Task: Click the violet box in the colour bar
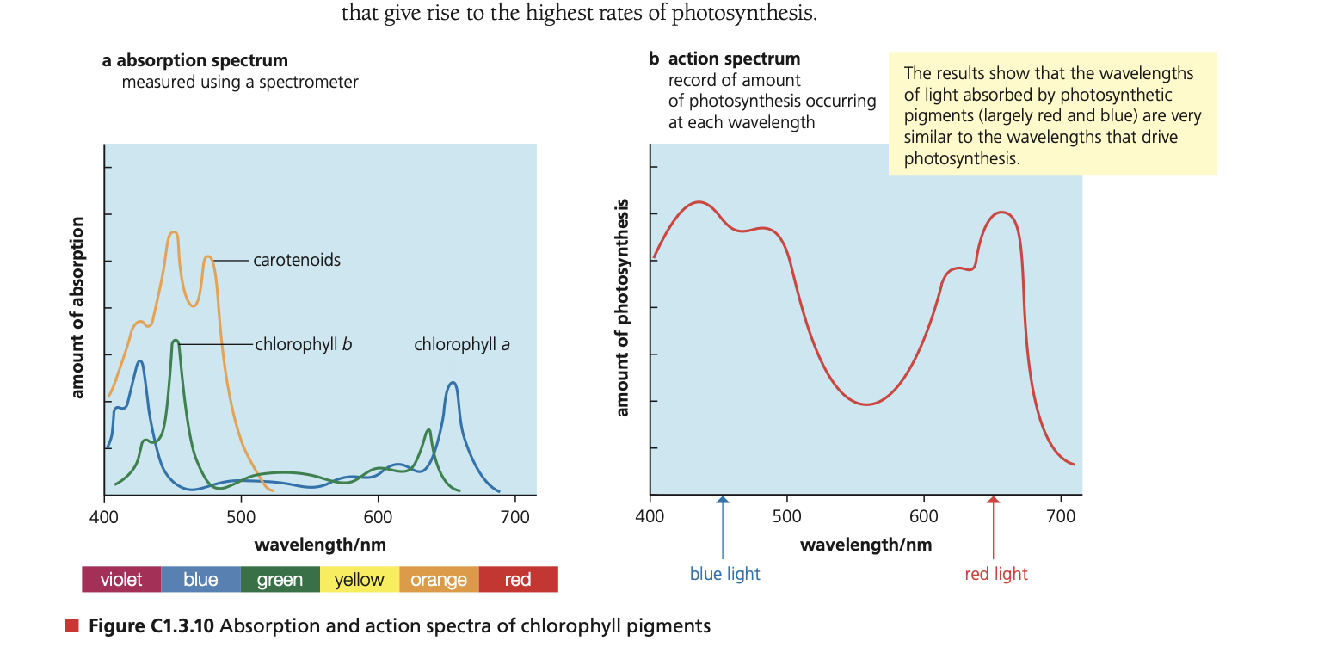pyautogui.click(x=121, y=579)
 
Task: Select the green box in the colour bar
pyautogui.click(x=280, y=579)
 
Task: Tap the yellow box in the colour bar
pyautogui.click(x=359, y=579)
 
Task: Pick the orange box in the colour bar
pyautogui.click(x=439, y=579)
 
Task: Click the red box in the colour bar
pyautogui.click(x=518, y=579)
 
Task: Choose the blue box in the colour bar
pyautogui.click(x=200, y=579)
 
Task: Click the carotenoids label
pyautogui.click(x=297, y=260)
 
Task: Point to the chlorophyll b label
pyautogui.click(x=304, y=344)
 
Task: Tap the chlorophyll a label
pyautogui.click(x=462, y=344)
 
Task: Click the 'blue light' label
pyautogui.click(x=724, y=574)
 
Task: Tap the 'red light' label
pyautogui.click(x=996, y=574)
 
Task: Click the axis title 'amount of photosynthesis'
pyautogui.click(x=623, y=307)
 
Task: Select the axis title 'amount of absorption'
pyautogui.click(x=77, y=307)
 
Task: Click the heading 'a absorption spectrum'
pyautogui.click(x=194, y=60)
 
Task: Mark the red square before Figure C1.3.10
pyautogui.click(x=72, y=625)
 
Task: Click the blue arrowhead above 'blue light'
pyautogui.click(x=723, y=500)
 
